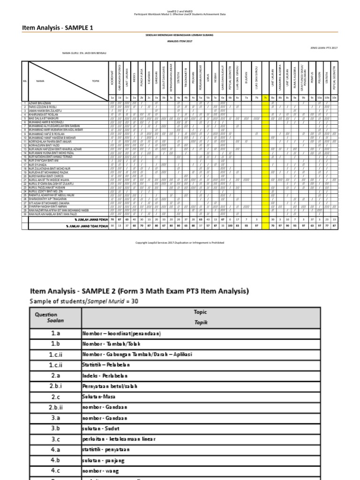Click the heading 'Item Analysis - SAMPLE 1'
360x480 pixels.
click(58, 28)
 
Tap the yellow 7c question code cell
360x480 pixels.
click(265, 97)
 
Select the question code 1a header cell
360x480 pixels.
click(112, 97)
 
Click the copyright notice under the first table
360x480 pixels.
click(180, 243)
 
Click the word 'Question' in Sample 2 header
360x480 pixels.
click(46, 315)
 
